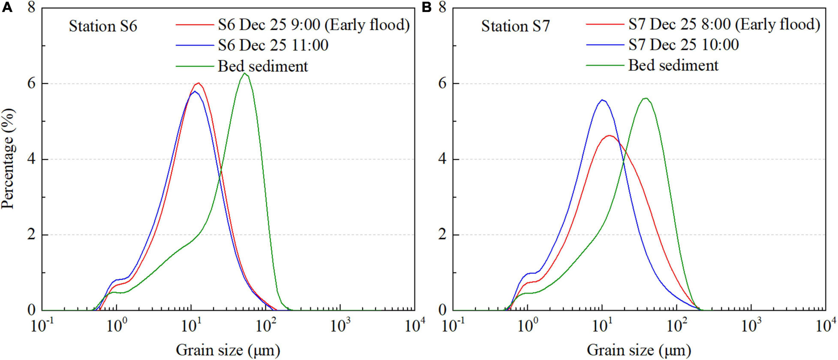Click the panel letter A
pos(7,7)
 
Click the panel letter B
pos(426,7)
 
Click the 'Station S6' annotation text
pos(103,26)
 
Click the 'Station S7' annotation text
pos(516,26)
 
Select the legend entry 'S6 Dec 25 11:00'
pos(273,45)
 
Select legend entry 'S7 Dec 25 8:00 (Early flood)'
pos(724,24)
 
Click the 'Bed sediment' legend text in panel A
pos(263,66)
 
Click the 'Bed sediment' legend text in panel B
pos(673,65)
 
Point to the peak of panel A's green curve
pos(245,73)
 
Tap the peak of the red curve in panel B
pos(609,135)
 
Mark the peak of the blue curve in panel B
pos(602,100)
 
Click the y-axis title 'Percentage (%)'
pos(8,159)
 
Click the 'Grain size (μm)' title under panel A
pos(228,350)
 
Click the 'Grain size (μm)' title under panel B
pos(639,350)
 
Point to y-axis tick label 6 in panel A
pos(32,83)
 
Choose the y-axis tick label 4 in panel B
pos(442,159)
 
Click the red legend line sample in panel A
pos(195,25)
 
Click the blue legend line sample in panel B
pos(605,45)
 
